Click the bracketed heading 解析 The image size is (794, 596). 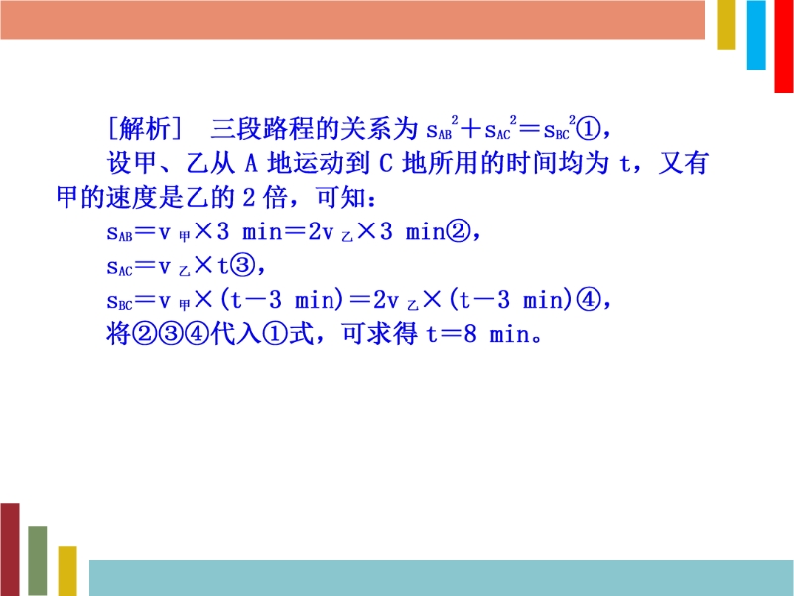click(x=145, y=129)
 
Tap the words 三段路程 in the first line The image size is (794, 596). click(x=262, y=129)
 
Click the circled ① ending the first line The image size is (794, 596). click(x=589, y=130)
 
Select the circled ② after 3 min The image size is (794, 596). click(x=458, y=232)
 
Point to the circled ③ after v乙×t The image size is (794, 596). click(x=242, y=265)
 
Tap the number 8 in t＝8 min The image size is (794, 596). click(x=470, y=334)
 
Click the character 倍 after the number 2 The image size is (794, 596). click(x=276, y=197)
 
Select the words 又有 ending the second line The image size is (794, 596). click(x=683, y=163)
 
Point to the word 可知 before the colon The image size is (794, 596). click(x=339, y=197)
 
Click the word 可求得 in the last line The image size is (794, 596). click(x=380, y=334)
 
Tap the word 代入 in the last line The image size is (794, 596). click(x=236, y=334)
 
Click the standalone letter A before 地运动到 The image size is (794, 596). click(x=252, y=163)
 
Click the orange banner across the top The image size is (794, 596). click(x=352, y=19)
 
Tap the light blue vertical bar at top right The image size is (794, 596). click(x=756, y=35)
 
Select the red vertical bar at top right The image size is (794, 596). click(x=784, y=46)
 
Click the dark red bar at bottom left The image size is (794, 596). click(x=10, y=549)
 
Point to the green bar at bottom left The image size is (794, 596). click(x=38, y=561)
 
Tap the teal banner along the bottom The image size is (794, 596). click(x=442, y=578)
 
